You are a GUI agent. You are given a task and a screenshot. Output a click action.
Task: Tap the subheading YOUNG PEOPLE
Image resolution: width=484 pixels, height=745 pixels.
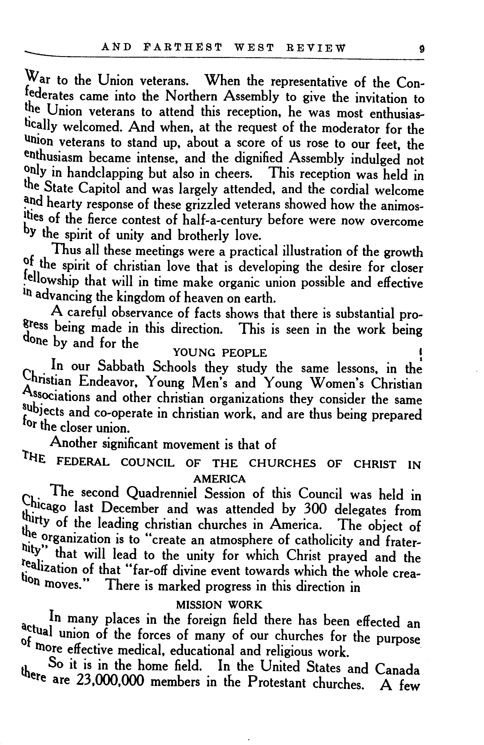click(x=220, y=353)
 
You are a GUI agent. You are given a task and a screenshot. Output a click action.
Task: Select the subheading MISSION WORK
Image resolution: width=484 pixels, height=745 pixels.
click(x=219, y=605)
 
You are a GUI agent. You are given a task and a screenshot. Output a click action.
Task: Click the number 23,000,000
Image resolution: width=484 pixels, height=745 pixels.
click(x=110, y=682)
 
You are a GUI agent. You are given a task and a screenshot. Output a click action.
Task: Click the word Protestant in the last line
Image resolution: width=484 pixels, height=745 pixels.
click(x=276, y=682)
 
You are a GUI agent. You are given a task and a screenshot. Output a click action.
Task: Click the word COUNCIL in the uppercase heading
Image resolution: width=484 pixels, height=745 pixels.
click(x=147, y=463)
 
